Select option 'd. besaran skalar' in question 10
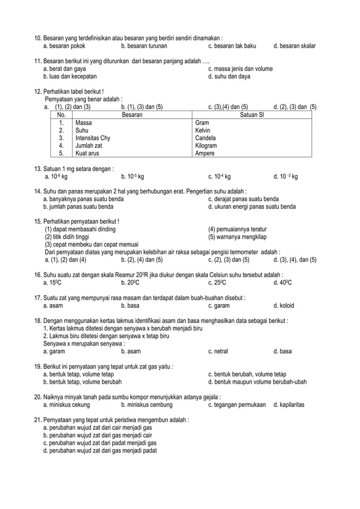294,46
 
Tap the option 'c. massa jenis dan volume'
240,69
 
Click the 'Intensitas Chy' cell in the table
93,138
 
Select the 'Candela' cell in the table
205,138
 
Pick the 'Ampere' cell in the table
204,153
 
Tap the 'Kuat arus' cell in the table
89,153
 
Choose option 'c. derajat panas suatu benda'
243,199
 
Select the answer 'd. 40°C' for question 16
282,283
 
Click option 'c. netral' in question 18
218,351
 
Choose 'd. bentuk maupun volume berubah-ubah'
257,381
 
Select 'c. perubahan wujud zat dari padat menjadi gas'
100,443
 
